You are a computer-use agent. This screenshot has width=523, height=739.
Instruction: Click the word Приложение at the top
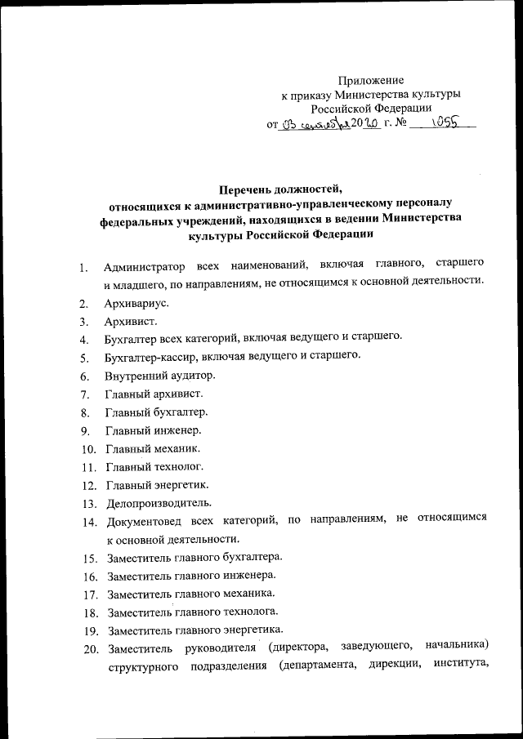point(371,80)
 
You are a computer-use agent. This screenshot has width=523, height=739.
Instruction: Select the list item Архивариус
point(137,303)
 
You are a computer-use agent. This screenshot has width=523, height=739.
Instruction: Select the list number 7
point(85,394)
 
